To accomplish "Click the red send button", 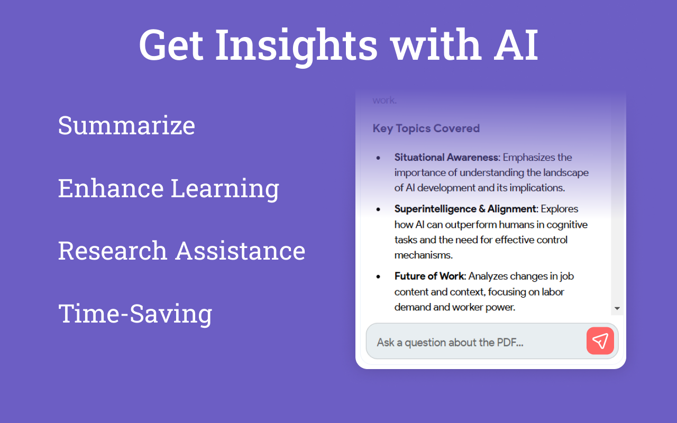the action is coord(600,341).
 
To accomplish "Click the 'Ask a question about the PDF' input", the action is coord(475,342).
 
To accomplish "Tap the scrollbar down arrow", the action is coord(617,308).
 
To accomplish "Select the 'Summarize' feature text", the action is coord(126,125).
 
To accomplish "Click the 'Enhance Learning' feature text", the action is coord(169,189).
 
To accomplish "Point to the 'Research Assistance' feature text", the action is coord(181,251).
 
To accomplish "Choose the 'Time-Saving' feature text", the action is coord(135,314).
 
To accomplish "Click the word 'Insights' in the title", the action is coord(296,45).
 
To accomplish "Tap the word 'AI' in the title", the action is coord(516,45).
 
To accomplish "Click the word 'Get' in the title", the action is coord(171,45).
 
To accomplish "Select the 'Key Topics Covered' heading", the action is coord(426,128).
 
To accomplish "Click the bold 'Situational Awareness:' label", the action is coord(447,157).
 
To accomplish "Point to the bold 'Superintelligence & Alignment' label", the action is coord(466,209).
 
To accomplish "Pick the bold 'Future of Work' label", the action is coord(429,276).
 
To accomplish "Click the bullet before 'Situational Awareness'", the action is coord(378,158).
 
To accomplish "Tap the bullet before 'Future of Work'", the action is coord(378,277).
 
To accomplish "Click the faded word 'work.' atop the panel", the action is coord(385,100).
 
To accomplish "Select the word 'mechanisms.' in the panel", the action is coord(424,255).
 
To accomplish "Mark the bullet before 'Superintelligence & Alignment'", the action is coord(378,209).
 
